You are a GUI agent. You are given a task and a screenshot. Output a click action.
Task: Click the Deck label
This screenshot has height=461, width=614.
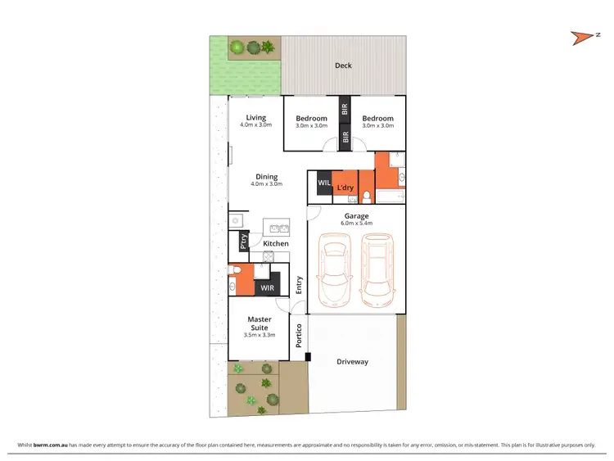343,66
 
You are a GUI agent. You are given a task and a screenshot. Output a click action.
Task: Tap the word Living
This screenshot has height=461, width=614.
255,118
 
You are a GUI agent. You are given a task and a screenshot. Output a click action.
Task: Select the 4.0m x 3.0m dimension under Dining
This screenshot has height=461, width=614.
266,184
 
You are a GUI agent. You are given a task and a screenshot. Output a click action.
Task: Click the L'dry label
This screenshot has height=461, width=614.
345,188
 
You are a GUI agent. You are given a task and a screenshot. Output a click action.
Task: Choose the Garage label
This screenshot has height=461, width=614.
356,216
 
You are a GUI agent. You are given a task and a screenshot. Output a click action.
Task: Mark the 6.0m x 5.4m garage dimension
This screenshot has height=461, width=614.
356,224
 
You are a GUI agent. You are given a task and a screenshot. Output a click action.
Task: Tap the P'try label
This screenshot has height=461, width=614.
244,242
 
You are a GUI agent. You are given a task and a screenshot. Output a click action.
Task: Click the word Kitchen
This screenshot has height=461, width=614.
275,243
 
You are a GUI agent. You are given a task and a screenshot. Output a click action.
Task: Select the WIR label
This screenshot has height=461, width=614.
267,288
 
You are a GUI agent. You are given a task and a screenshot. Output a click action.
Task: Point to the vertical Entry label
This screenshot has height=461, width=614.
299,285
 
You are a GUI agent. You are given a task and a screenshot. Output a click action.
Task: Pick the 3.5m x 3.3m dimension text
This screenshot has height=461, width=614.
260,335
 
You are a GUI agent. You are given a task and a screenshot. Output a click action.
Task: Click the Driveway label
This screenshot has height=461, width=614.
352,361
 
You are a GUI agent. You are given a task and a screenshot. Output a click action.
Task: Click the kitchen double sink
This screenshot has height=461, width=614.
274,228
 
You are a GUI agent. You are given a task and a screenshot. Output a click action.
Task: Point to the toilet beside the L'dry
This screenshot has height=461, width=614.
368,194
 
